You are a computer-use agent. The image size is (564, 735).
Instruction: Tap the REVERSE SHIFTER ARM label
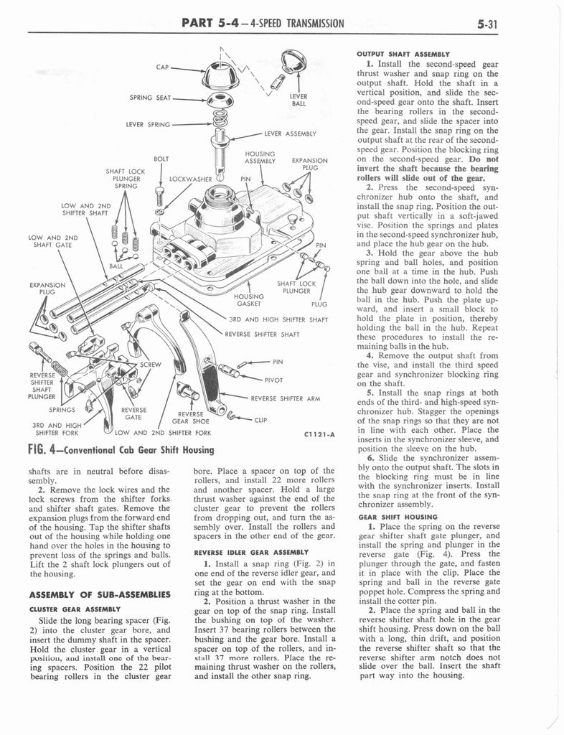point(283,398)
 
